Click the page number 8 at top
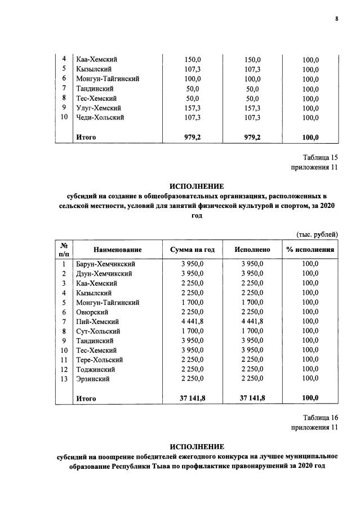click(x=336, y=19)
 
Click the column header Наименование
click(x=118, y=250)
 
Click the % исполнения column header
click(x=310, y=250)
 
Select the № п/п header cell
click(x=65, y=250)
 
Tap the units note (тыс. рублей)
click(x=317, y=234)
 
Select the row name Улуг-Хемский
click(x=100, y=108)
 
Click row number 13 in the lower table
click(x=65, y=379)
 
